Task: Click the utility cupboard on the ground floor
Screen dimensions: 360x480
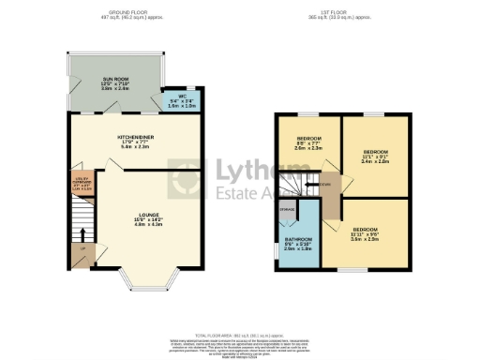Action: tap(82, 184)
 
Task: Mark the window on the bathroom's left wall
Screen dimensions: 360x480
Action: tap(277, 248)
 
